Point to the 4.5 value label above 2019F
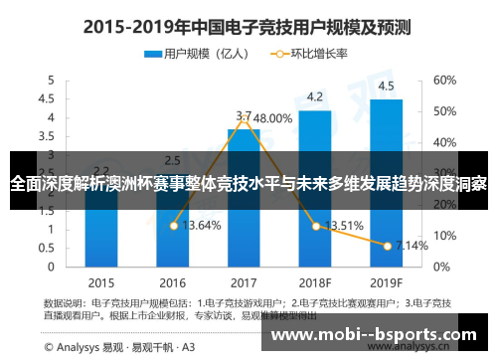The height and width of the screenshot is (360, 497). pyautogui.click(x=386, y=86)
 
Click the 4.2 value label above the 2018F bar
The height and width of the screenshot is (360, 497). pyautogui.click(x=314, y=96)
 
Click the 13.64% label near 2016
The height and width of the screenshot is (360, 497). pyautogui.click(x=202, y=226)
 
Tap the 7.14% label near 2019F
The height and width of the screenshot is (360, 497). pyautogui.click(x=412, y=245)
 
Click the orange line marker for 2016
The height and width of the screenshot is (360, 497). pyautogui.click(x=173, y=226)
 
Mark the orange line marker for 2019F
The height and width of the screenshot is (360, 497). pyautogui.click(x=386, y=245)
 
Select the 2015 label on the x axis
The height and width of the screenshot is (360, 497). pyautogui.click(x=101, y=281)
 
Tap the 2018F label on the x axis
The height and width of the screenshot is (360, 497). pyautogui.click(x=314, y=281)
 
